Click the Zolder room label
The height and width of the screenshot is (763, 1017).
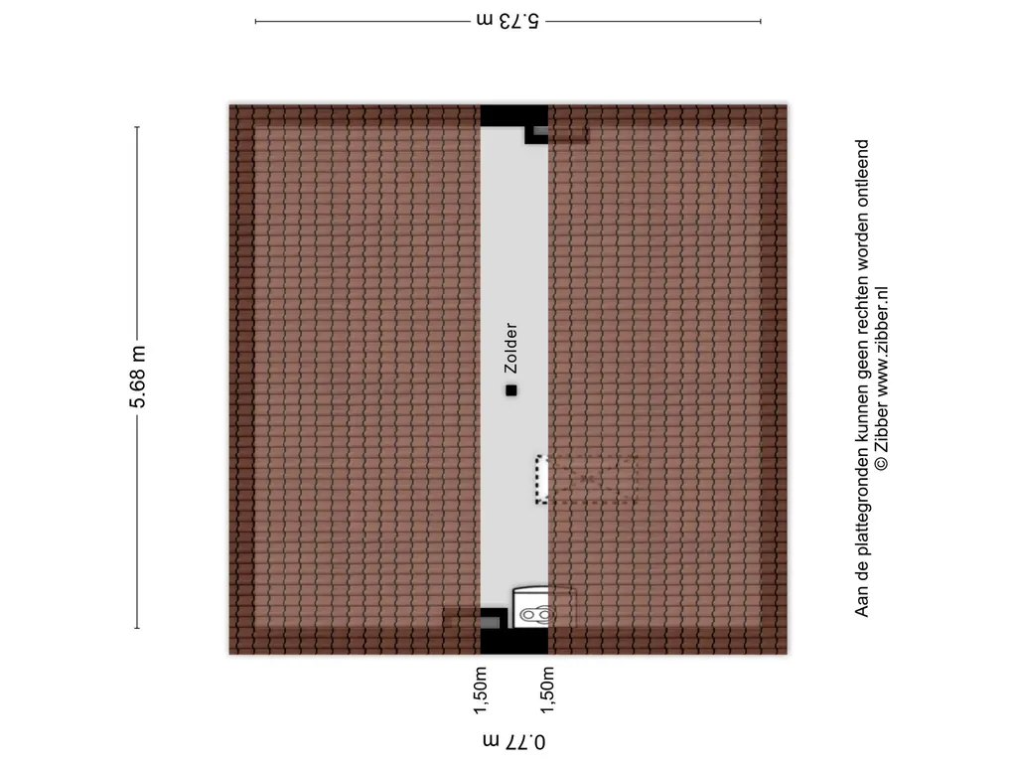[x=511, y=348]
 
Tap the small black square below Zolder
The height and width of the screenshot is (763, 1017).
[x=511, y=390]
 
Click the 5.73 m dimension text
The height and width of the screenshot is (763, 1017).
[x=508, y=21]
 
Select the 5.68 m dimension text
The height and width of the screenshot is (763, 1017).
[x=137, y=377]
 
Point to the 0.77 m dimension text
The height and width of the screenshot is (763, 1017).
[x=513, y=741]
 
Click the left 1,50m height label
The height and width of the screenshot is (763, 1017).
[x=480, y=690]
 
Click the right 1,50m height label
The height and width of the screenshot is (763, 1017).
[x=547, y=690]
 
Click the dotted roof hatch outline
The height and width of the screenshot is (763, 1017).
[x=586, y=480]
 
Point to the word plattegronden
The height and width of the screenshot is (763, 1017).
[x=861, y=492]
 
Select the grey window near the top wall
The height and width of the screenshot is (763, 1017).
[x=541, y=131]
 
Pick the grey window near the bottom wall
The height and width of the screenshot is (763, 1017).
[x=490, y=623]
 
